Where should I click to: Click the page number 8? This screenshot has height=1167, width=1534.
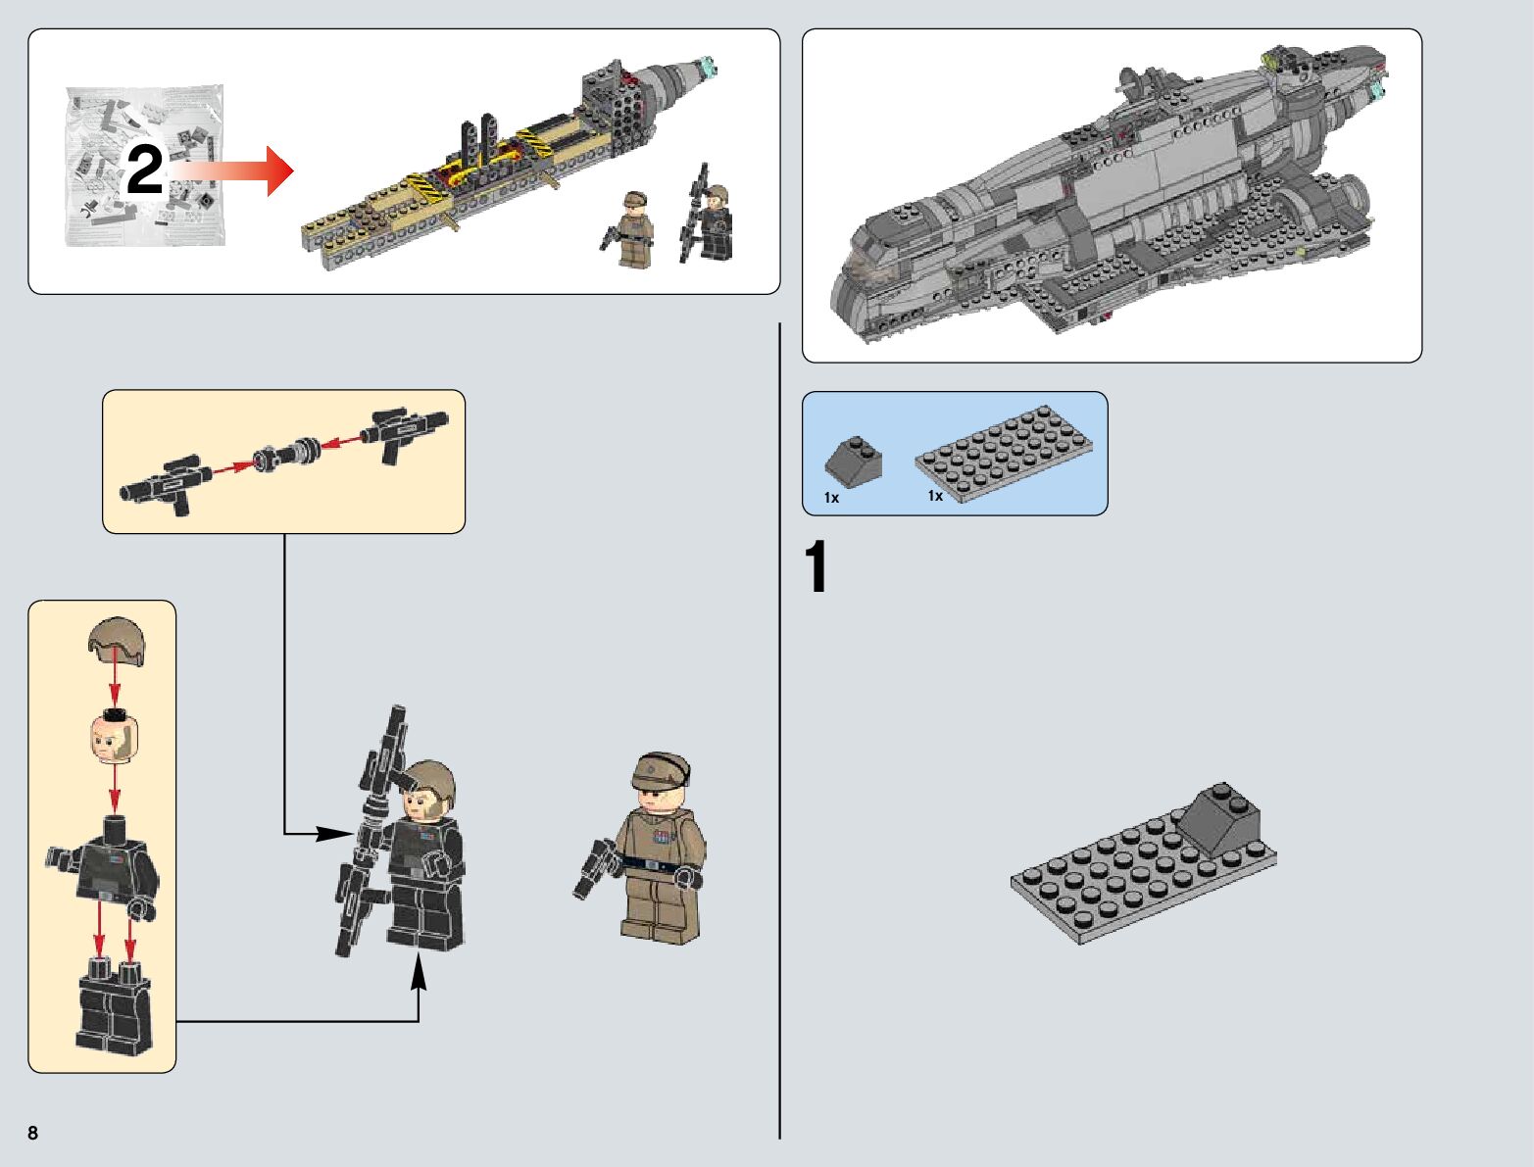pos(33,1134)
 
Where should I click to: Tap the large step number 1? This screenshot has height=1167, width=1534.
pos(816,568)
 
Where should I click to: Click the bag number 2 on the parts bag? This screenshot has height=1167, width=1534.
pos(144,171)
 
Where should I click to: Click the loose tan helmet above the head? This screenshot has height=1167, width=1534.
pos(115,640)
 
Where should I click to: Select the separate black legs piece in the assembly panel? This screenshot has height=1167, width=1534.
pos(114,1009)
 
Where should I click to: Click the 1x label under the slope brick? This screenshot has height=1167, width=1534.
pos(832,498)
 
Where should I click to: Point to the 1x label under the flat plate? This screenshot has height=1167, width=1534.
pos(936,496)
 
